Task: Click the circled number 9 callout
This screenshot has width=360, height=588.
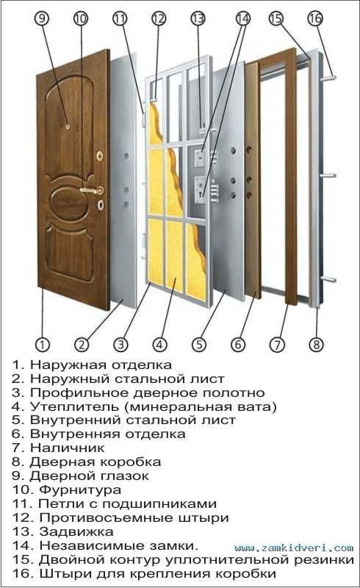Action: pos(42,18)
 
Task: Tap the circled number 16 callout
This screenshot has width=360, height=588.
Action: pos(315,18)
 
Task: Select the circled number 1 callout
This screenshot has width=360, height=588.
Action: pos(43,344)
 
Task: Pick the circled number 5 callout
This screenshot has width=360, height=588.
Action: pos(199,344)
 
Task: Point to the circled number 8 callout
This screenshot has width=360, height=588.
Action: pos(316,344)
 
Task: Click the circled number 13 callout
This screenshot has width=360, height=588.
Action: pos(198,18)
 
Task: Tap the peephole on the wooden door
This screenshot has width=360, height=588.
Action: pos(68,127)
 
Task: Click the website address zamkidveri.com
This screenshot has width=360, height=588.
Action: pos(294,548)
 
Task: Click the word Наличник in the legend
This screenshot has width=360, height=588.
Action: pos(67,448)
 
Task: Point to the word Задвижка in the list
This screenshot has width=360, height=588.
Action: pos(76,531)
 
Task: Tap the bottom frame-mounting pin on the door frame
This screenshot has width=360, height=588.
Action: pos(328,279)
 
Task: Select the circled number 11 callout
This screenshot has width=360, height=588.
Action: pos(120,18)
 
